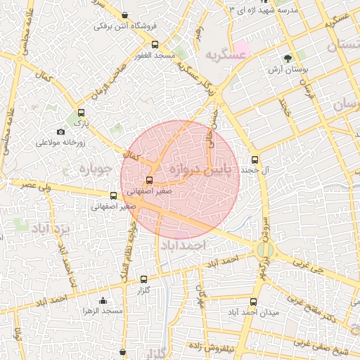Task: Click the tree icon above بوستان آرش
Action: point(288,58)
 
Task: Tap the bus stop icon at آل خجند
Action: point(255,159)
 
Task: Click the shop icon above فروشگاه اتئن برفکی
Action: point(125,15)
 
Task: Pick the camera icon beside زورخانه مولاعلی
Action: point(61,132)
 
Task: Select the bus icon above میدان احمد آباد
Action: point(253,302)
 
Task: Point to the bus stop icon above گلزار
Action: point(144,279)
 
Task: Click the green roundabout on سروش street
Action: point(264,250)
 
